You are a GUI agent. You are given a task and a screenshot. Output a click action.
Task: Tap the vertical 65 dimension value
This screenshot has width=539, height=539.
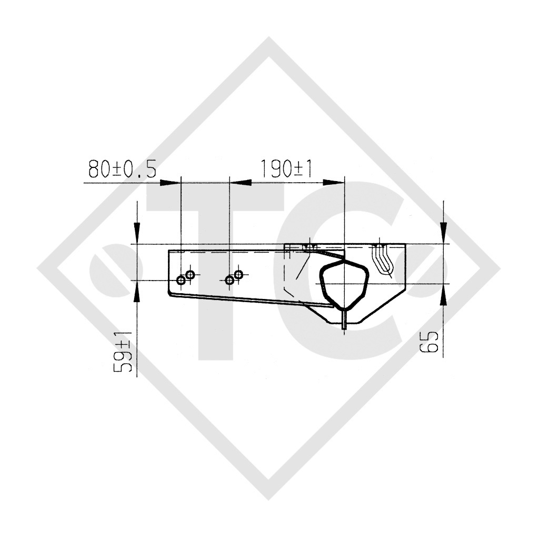click(431, 342)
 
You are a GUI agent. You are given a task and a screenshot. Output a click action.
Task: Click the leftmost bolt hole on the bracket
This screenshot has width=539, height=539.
click(181, 280)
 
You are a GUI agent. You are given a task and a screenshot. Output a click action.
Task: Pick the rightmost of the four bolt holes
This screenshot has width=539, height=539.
click(238, 274)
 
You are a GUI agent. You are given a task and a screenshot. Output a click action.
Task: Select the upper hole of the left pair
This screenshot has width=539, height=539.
click(190, 274)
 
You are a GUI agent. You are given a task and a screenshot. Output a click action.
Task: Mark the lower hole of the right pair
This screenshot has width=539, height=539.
click(229, 280)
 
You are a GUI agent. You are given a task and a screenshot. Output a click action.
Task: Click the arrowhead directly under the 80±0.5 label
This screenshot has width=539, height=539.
click(169, 182)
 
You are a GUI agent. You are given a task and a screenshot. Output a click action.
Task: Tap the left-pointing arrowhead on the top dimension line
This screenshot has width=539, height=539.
click(240, 182)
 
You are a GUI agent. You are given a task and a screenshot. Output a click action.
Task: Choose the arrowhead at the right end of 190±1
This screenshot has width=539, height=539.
click(334, 182)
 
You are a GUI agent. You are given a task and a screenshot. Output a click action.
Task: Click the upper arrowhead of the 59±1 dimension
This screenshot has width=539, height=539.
click(137, 231)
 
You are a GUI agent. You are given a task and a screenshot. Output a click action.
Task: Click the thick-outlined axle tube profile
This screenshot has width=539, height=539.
click(343, 284)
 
